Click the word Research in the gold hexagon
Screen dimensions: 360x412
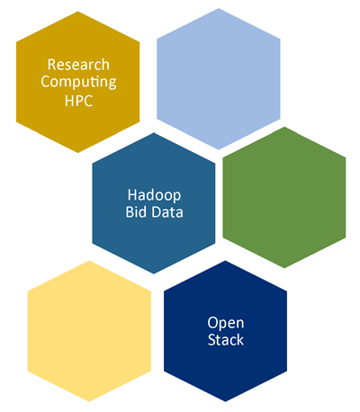pos(78,65)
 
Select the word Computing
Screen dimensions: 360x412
pos(78,82)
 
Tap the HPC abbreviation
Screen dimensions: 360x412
pos(78,101)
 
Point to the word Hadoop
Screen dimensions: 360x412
pos(154,196)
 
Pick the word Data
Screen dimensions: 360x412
pos(167,212)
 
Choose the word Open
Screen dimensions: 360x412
pos(226,324)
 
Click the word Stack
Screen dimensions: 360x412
pos(226,340)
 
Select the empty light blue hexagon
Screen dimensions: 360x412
pos(219,79)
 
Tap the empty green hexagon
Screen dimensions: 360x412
pos(284,197)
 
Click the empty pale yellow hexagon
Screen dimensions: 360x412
pos(89,331)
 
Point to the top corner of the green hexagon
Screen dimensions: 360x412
pos(284,127)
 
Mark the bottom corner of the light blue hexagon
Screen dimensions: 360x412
pos(219,149)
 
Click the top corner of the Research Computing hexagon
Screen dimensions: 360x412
pos(78,12)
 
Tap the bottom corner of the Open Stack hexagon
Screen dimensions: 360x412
pos(225,401)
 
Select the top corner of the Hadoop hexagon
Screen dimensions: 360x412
pos(154,132)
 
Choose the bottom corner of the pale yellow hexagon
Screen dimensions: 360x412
pos(89,401)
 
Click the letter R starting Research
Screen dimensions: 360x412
pos(52,65)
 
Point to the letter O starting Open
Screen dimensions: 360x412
pos(212,323)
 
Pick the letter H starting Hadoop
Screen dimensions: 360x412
pos(132,195)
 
